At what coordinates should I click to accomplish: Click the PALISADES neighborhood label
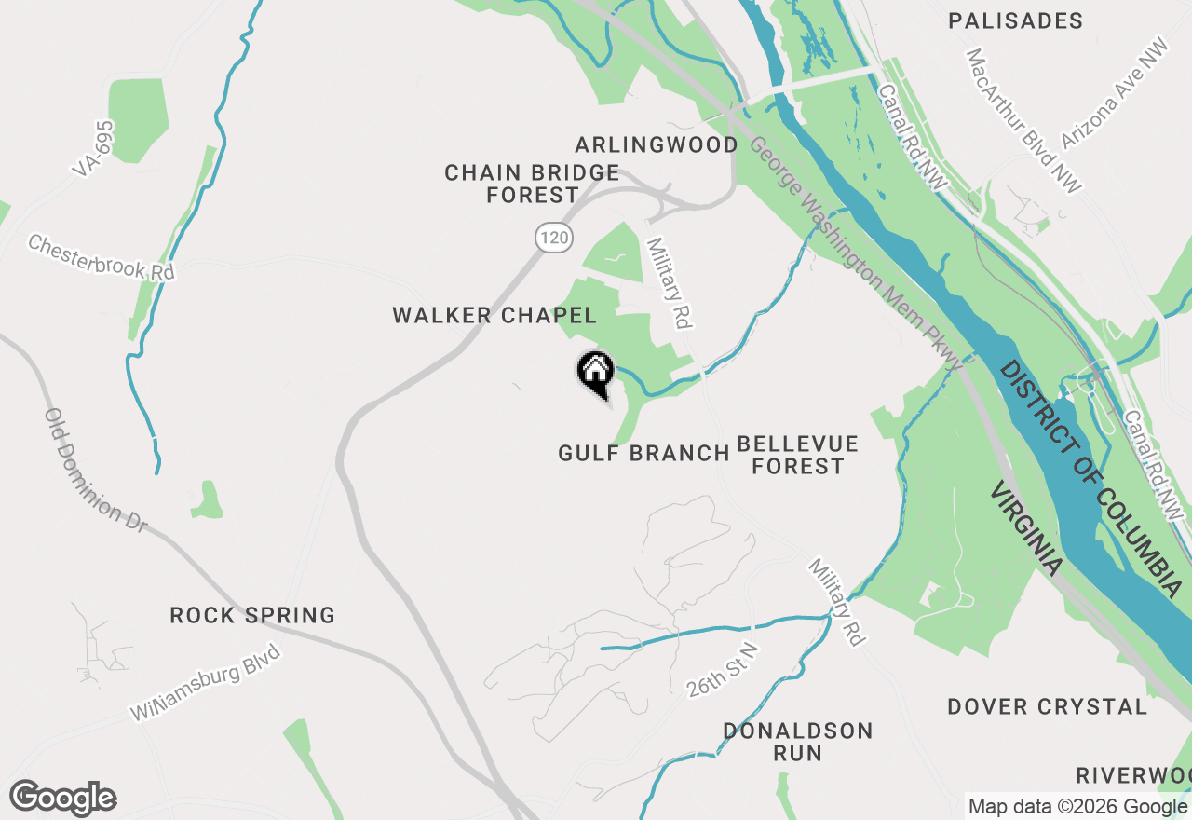1015,20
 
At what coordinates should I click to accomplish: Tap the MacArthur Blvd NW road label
1023,121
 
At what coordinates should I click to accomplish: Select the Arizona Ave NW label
1114,94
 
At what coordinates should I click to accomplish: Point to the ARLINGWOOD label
657,145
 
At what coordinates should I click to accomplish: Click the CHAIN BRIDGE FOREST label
532,184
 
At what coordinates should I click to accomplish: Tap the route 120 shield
553,238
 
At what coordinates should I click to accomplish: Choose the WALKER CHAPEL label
494,316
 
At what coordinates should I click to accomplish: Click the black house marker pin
596,373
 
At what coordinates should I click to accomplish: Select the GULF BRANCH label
643,454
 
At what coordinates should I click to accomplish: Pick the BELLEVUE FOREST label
797,455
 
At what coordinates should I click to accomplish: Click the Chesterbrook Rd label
101,258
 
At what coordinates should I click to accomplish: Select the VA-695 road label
93,148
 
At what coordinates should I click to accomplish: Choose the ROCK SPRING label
252,616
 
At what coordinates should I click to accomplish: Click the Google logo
62,799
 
